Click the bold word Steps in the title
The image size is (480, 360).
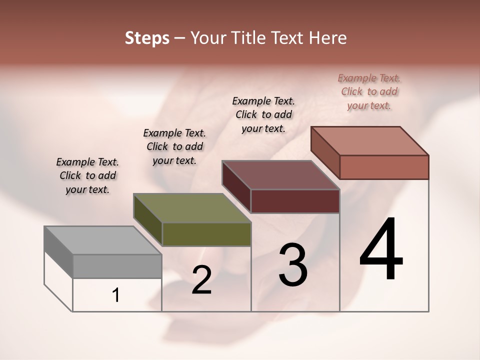[x=147, y=38]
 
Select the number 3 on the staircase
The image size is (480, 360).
[x=293, y=264]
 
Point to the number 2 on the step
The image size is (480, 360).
[x=201, y=280]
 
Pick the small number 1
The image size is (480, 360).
[x=116, y=295]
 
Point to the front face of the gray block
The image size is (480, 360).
[x=117, y=266]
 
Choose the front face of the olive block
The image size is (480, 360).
[x=206, y=234]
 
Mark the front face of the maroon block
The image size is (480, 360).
[x=295, y=201]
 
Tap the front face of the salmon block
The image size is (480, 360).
[x=384, y=167]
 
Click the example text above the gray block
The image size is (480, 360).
[x=87, y=175]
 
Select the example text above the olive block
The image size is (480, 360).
[x=174, y=146]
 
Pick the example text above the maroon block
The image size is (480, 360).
[x=263, y=114]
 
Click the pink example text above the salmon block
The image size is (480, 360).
[x=369, y=91]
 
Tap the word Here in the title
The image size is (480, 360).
[x=328, y=38]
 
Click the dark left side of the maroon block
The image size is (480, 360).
[x=236, y=186]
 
